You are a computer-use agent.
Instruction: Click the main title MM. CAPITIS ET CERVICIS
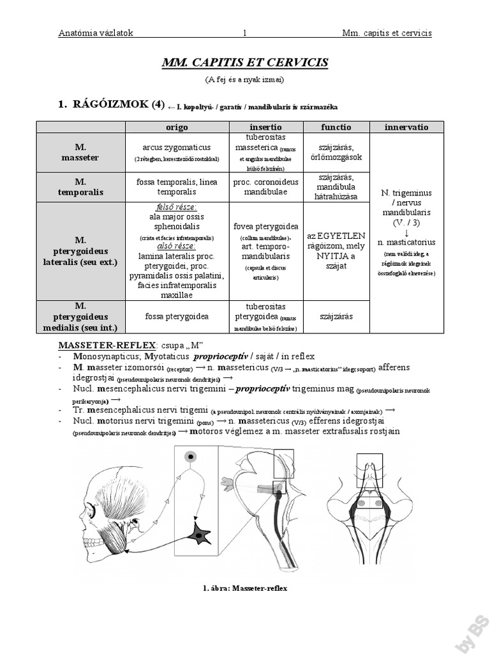click(244, 62)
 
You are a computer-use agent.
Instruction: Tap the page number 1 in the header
click(245, 33)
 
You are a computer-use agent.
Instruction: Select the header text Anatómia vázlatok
click(95, 33)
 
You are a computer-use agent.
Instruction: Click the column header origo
click(177, 127)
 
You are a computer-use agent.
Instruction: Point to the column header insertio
click(266, 127)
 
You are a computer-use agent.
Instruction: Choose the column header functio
click(336, 127)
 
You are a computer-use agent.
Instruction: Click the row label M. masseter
click(80, 152)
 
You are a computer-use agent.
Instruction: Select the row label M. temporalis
click(80, 187)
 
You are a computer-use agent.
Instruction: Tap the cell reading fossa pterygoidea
click(177, 316)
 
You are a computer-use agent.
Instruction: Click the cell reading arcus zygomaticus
click(177, 147)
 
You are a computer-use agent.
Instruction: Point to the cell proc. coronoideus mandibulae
click(266, 187)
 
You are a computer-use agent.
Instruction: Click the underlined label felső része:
click(177, 208)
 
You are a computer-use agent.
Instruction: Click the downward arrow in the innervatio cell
click(406, 233)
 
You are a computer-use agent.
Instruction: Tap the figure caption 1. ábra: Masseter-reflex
click(244, 588)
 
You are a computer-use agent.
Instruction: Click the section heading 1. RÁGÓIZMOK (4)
click(111, 104)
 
